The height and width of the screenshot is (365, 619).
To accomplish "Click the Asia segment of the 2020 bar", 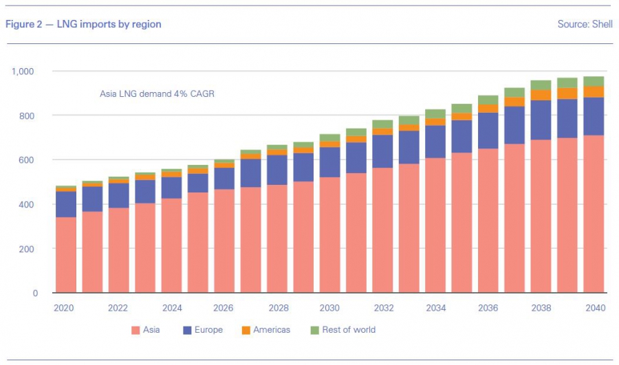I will (x=66, y=255).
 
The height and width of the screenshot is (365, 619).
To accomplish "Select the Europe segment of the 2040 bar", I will (x=594, y=116).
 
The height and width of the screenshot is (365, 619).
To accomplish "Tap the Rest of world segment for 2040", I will (x=594, y=81).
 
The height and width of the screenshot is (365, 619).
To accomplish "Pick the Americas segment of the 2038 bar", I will (x=541, y=95).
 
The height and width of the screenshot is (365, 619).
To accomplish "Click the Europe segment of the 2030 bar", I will (x=330, y=162).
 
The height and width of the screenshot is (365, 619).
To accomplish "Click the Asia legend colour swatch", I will (x=135, y=330).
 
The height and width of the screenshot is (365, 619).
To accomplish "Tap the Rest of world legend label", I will (x=349, y=330).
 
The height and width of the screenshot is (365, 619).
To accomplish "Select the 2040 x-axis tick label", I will (x=594, y=308).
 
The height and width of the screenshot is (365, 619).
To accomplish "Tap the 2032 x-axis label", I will (x=383, y=308).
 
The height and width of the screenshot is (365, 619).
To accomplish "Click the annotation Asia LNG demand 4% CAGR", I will (x=158, y=93).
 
